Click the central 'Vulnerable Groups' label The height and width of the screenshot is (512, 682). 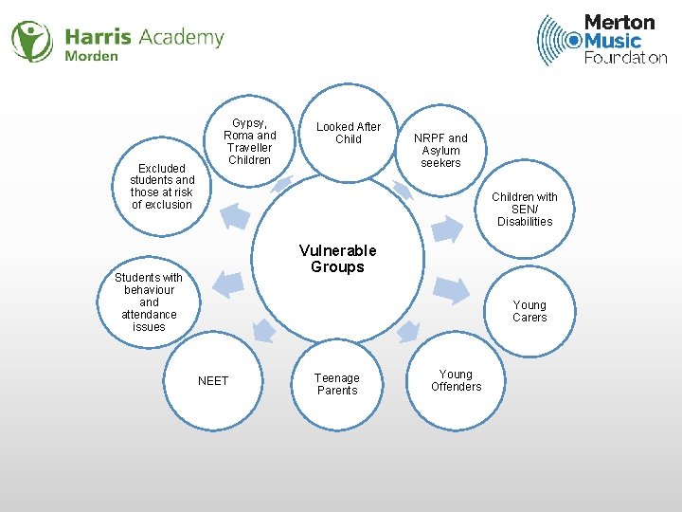click(337, 259)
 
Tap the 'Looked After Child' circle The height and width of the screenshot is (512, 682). click(349, 133)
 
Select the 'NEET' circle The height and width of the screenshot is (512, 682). click(213, 380)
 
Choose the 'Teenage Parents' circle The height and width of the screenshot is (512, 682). click(337, 384)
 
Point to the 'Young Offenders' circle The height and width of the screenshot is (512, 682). click(456, 380)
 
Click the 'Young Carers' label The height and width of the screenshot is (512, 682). click(529, 311)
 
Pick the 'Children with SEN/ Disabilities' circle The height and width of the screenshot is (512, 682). click(524, 210)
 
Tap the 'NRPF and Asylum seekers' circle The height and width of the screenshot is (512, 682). click(440, 150)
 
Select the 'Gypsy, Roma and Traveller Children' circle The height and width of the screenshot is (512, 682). click(250, 141)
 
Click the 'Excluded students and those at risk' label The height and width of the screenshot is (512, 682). click(162, 186)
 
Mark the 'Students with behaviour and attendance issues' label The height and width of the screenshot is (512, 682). click(149, 302)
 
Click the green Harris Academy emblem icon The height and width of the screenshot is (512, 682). click(32, 41)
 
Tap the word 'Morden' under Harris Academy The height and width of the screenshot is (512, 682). click(92, 56)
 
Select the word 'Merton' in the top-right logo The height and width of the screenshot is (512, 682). click(619, 22)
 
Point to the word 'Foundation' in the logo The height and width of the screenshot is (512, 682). click(625, 57)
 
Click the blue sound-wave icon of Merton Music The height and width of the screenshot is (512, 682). click(559, 40)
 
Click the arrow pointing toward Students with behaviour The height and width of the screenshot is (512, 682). click(224, 283)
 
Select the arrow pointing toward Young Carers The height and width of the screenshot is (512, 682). click(452, 289)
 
